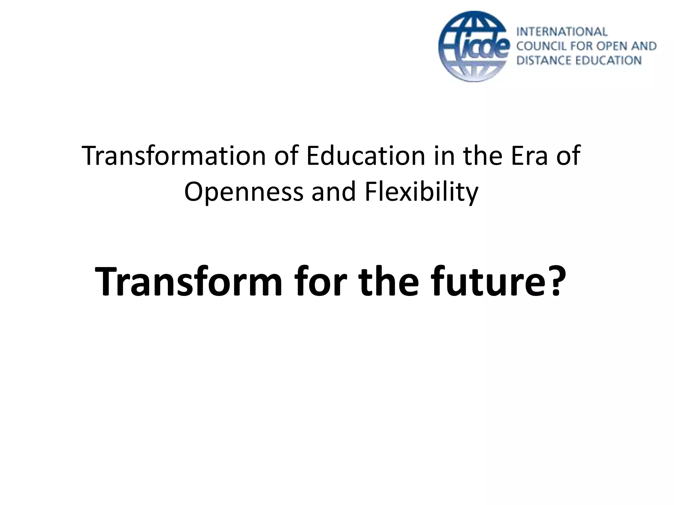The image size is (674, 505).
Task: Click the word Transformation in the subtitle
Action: [x=173, y=156]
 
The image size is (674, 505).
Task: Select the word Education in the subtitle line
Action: [x=366, y=156]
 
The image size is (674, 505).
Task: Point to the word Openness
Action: [x=244, y=192]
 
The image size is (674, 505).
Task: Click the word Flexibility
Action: [x=421, y=192]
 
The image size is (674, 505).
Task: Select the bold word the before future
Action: [x=388, y=282]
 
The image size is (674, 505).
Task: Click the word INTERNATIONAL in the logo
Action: [x=562, y=32]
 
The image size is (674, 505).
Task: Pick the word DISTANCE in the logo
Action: [x=543, y=60]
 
